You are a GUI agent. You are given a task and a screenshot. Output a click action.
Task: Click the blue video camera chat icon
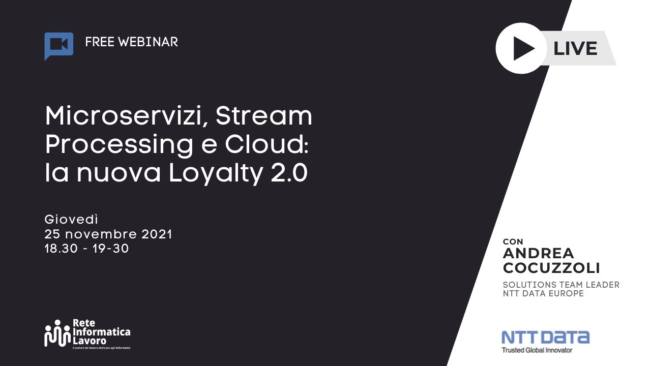pyautogui.click(x=58, y=45)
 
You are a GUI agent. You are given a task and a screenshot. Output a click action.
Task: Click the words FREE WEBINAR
pyautogui.click(x=131, y=42)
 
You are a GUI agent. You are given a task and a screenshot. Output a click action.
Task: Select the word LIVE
pyautogui.click(x=575, y=49)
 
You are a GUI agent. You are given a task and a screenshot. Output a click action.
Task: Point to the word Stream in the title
pyautogui.click(x=263, y=116)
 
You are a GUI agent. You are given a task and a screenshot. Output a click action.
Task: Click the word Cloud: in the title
pyautogui.click(x=267, y=145)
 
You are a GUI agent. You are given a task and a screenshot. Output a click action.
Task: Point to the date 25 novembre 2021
pyautogui.click(x=108, y=234)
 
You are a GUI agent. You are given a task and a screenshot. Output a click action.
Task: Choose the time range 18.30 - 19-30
pyautogui.click(x=86, y=249)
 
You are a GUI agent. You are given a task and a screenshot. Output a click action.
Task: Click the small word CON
pyautogui.click(x=513, y=241)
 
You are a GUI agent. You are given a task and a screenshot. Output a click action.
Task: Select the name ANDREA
pyautogui.click(x=538, y=254)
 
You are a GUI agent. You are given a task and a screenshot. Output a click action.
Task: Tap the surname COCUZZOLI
pyautogui.click(x=551, y=268)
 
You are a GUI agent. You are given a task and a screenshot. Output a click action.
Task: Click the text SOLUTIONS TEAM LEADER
pyautogui.click(x=561, y=285)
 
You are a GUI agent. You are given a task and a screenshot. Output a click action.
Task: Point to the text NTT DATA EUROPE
pyautogui.click(x=543, y=294)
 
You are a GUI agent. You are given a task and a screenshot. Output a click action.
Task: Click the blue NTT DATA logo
pyautogui.click(x=545, y=338)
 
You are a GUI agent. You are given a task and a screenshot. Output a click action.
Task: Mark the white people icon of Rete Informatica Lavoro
pyautogui.click(x=57, y=333)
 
